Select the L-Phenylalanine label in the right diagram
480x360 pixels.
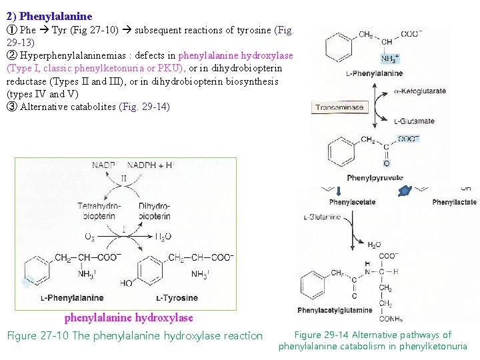tap(347, 73)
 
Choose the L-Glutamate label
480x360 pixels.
tap(414, 121)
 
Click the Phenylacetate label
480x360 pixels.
tap(353, 202)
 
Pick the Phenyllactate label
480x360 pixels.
tap(454, 202)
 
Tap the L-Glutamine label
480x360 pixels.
tap(322, 217)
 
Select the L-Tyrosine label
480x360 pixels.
tap(177, 298)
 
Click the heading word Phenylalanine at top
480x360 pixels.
tap(56, 15)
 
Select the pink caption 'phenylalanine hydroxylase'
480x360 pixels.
tap(129, 318)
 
